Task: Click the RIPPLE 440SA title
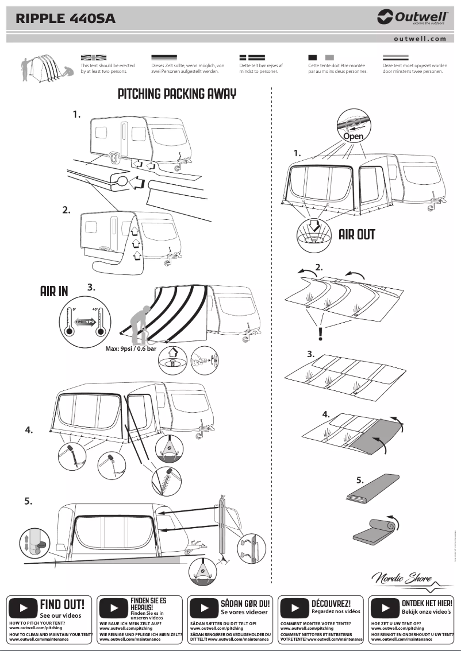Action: pos(66,19)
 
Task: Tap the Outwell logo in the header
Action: pos(411,18)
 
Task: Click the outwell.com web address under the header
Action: pos(420,39)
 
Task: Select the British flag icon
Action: pos(94,57)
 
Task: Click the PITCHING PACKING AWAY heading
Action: pos(177,94)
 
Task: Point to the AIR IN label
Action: pos(54,292)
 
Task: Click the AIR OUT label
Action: pos(357,234)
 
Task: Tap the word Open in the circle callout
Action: pos(354,137)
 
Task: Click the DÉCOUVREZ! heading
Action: pos(331,603)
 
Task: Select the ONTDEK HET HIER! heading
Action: pos(427,603)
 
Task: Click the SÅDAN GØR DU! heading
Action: pos(245,603)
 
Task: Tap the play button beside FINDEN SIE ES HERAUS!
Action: pos(114,608)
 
